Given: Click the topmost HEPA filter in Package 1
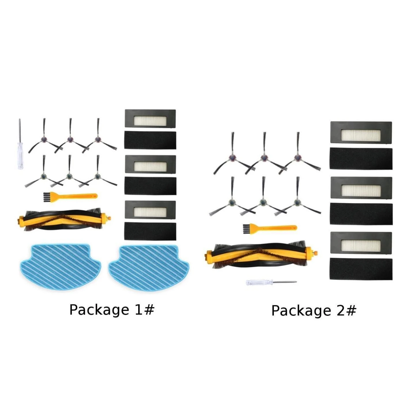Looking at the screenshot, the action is (150, 118).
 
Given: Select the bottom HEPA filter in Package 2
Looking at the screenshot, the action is (361, 243).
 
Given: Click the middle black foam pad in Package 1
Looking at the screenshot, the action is (150, 186).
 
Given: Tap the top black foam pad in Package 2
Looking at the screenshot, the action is (361, 159).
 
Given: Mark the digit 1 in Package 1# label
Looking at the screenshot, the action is (139, 309).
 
